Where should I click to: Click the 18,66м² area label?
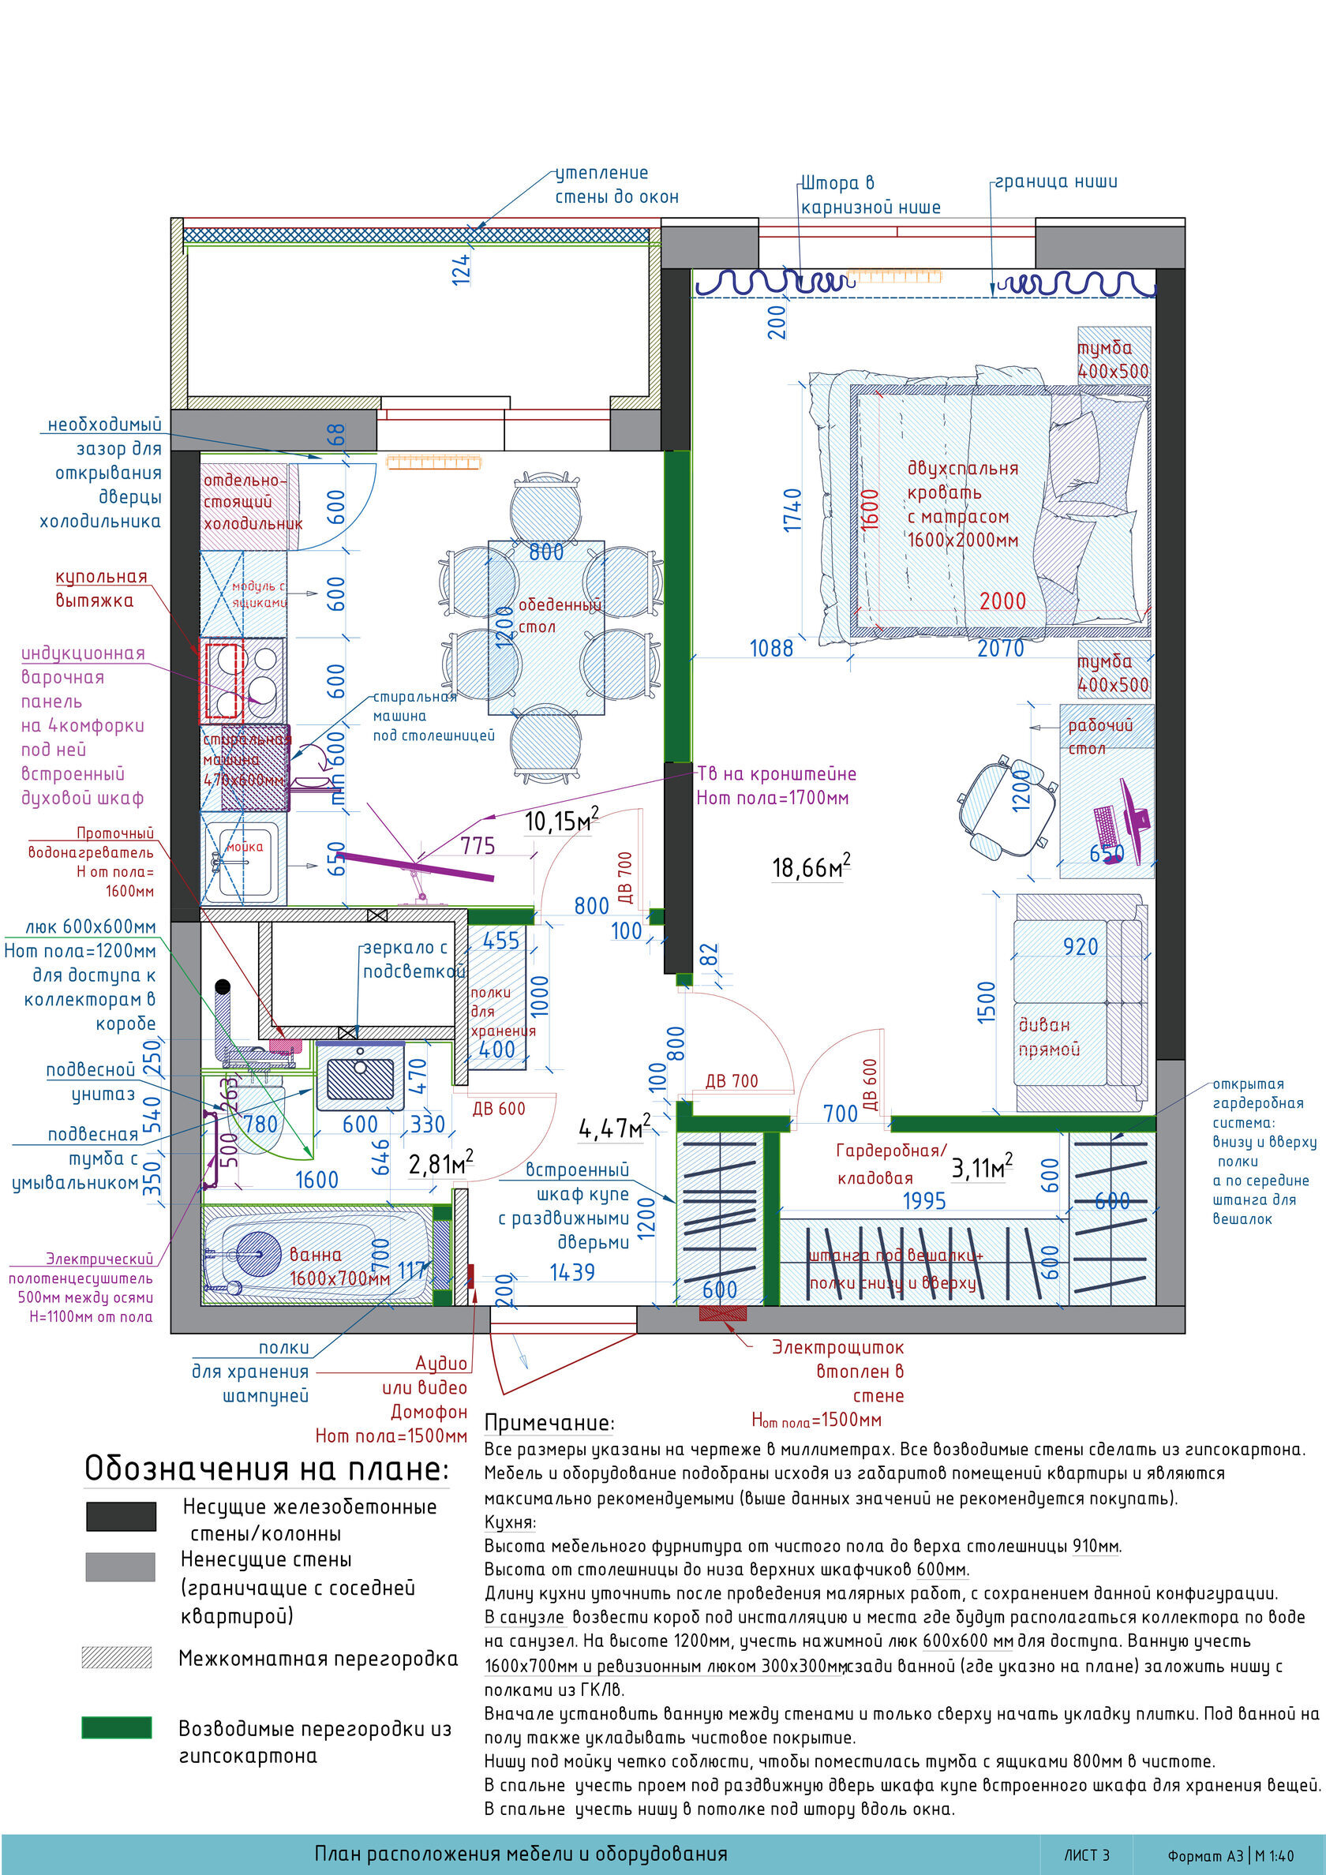(x=811, y=866)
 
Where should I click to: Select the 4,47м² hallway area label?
(x=614, y=1128)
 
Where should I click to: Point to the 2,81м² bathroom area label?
(x=440, y=1164)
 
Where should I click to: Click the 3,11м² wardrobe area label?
(x=981, y=1168)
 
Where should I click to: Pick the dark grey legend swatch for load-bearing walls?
(x=121, y=1516)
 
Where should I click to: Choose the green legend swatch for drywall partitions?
(x=117, y=1727)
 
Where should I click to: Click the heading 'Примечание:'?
(x=549, y=1423)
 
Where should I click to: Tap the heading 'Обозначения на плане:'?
(x=266, y=1469)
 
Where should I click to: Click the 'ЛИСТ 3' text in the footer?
(x=1086, y=1854)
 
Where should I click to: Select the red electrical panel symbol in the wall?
(x=723, y=1313)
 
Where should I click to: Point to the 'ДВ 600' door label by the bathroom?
(x=498, y=1108)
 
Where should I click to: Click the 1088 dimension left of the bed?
(x=771, y=649)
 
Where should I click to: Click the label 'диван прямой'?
(x=1048, y=1036)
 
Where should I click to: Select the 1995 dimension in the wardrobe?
(x=924, y=1200)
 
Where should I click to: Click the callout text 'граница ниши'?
(x=1055, y=182)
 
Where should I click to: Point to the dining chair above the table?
(x=545, y=507)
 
